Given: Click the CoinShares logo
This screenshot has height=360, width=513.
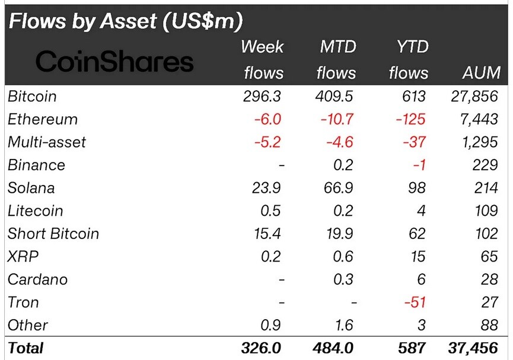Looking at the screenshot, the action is tap(114, 61).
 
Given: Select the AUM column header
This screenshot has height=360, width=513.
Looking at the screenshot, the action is tap(481, 73).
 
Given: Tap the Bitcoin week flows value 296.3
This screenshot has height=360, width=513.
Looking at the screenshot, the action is tap(262, 96).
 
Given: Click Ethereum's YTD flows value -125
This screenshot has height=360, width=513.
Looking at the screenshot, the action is tap(410, 119).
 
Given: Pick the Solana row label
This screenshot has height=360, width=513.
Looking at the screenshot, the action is tap(31, 188).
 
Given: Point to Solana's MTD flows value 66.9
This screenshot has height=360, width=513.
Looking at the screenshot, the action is tap(338, 188).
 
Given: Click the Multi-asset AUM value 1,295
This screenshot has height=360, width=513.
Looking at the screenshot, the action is tap(480, 142).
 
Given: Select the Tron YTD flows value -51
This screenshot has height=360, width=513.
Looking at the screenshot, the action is tap(415, 302).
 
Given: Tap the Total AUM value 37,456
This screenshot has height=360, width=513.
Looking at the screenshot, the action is tap(473, 348).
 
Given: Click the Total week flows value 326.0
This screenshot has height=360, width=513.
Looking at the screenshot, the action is tap(261, 348).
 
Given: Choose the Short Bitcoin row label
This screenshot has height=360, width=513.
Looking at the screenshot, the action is tap(53, 234).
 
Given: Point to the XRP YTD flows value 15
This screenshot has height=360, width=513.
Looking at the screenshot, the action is tap(418, 257).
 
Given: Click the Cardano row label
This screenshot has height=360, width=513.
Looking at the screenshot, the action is tap(37, 279).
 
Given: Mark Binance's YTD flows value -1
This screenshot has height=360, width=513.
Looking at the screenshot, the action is tap(419, 165).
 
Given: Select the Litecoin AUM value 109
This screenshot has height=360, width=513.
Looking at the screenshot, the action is tap(486, 211).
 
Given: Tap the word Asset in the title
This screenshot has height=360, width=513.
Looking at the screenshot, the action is tap(128, 21).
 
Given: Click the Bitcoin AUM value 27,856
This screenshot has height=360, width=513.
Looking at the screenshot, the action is tap(474, 96).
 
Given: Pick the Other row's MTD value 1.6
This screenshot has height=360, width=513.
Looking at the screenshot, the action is tap(343, 326).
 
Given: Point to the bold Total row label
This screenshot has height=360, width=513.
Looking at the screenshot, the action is tap(26, 348).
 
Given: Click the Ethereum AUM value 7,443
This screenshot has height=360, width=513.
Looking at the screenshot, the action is tap(479, 119).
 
